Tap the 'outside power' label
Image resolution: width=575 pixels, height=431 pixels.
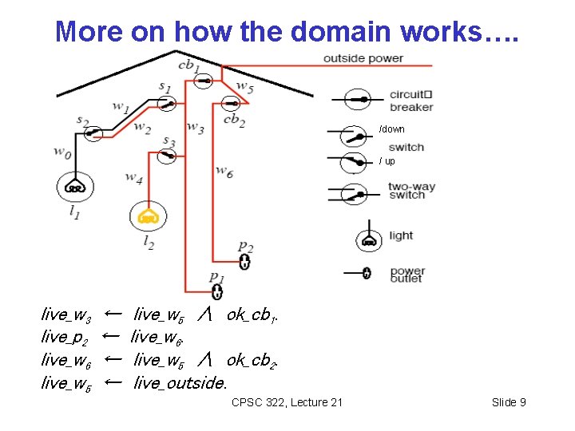pyautogui.click(x=363, y=58)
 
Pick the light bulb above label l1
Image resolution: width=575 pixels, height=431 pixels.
pyautogui.click(x=74, y=188)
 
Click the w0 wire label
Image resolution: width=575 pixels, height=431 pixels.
pyautogui.click(x=61, y=150)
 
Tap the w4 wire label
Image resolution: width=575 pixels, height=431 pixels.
pyautogui.click(x=134, y=177)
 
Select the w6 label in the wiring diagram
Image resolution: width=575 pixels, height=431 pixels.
pyautogui.click(x=224, y=170)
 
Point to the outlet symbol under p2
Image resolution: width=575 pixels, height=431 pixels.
pyautogui.click(x=245, y=262)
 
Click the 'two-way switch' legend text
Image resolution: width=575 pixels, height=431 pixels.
pyautogui.click(x=411, y=191)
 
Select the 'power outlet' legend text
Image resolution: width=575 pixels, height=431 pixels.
pyautogui.click(x=407, y=275)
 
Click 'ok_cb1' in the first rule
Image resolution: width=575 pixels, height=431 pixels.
pyautogui.click(x=252, y=314)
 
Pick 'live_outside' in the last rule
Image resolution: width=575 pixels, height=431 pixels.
pyautogui.click(x=180, y=382)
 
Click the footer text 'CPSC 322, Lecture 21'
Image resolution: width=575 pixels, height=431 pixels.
pyautogui.click(x=287, y=402)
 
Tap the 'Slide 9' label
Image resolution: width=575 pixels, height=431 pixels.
pyautogui.click(x=509, y=402)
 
